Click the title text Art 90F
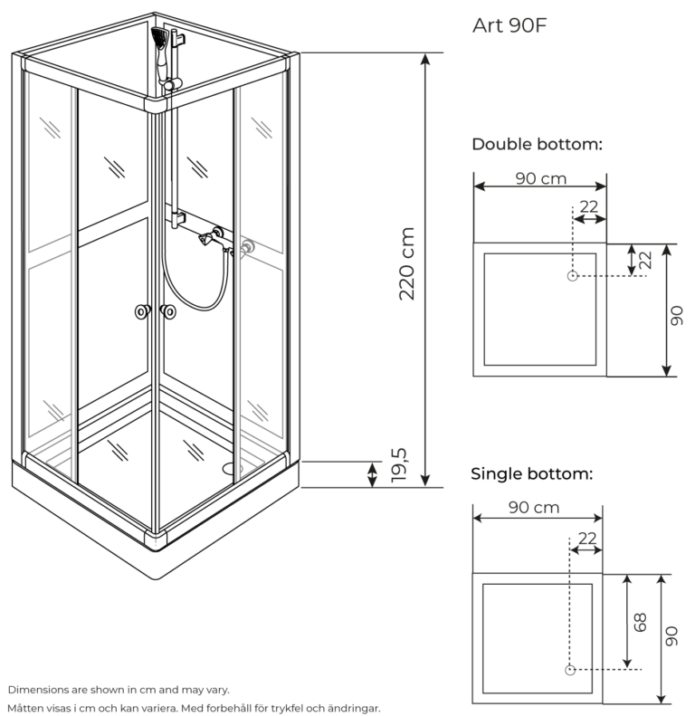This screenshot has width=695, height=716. point(509,24)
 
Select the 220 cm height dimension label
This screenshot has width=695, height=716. point(406,263)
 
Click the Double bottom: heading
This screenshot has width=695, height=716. point(537,144)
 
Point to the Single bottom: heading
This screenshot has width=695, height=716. point(531,473)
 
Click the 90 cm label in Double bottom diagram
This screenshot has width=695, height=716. point(541,178)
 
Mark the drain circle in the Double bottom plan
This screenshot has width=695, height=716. point(572,276)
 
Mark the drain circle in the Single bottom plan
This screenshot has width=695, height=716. point(569,670)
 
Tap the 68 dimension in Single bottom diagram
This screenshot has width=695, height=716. point(640,622)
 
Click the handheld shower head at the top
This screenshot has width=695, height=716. point(161,39)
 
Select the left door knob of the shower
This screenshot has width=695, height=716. point(142,312)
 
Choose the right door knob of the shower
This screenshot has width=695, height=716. point(167,312)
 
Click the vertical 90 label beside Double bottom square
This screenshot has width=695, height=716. point(678,315)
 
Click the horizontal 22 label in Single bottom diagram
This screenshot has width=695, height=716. point(586,538)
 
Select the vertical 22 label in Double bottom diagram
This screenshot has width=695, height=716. point(645,260)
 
